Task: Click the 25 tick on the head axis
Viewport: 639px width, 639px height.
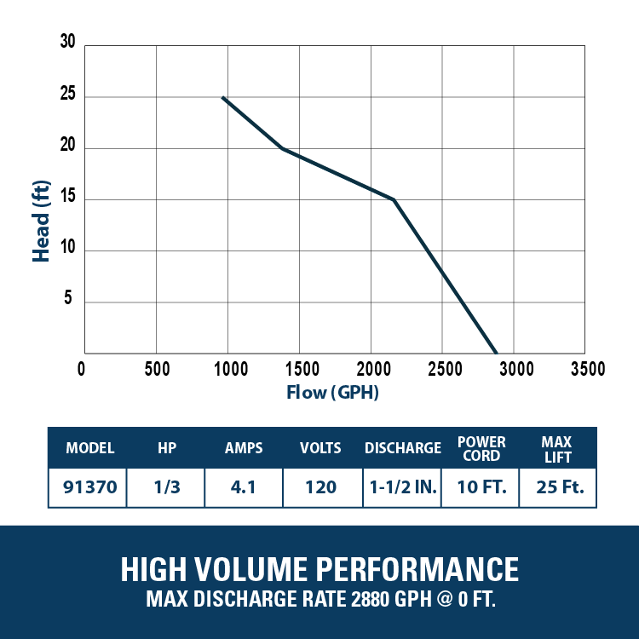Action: (x=67, y=94)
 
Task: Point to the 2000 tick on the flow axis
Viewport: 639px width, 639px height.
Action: (x=374, y=369)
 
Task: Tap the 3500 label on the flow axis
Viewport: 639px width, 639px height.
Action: (x=588, y=369)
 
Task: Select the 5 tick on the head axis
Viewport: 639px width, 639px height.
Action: (x=67, y=298)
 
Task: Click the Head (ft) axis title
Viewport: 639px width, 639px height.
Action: (x=41, y=221)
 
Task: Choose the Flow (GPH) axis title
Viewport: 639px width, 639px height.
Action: (x=332, y=393)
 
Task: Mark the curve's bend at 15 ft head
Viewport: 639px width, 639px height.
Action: (x=394, y=199)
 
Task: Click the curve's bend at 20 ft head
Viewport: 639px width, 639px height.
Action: (x=282, y=148)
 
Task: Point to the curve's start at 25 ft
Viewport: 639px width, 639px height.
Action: (x=223, y=97)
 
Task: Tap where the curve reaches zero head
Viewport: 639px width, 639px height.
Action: (x=496, y=353)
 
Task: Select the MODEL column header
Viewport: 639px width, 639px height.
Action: (x=90, y=448)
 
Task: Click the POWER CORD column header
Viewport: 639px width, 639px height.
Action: (x=481, y=449)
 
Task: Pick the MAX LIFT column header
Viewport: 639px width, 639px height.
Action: (x=556, y=450)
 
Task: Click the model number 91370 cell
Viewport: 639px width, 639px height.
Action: (x=90, y=487)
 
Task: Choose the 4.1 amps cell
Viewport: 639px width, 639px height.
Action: (x=244, y=487)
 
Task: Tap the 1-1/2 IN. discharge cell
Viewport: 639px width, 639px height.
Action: (x=403, y=487)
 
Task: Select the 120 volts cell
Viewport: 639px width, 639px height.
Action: (x=320, y=487)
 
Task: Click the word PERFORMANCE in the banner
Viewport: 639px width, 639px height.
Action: (x=417, y=569)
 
